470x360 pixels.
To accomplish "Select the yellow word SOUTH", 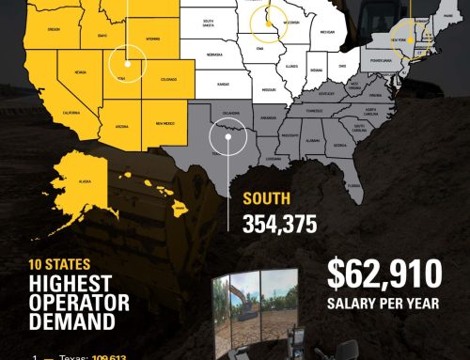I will tap(266, 199).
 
